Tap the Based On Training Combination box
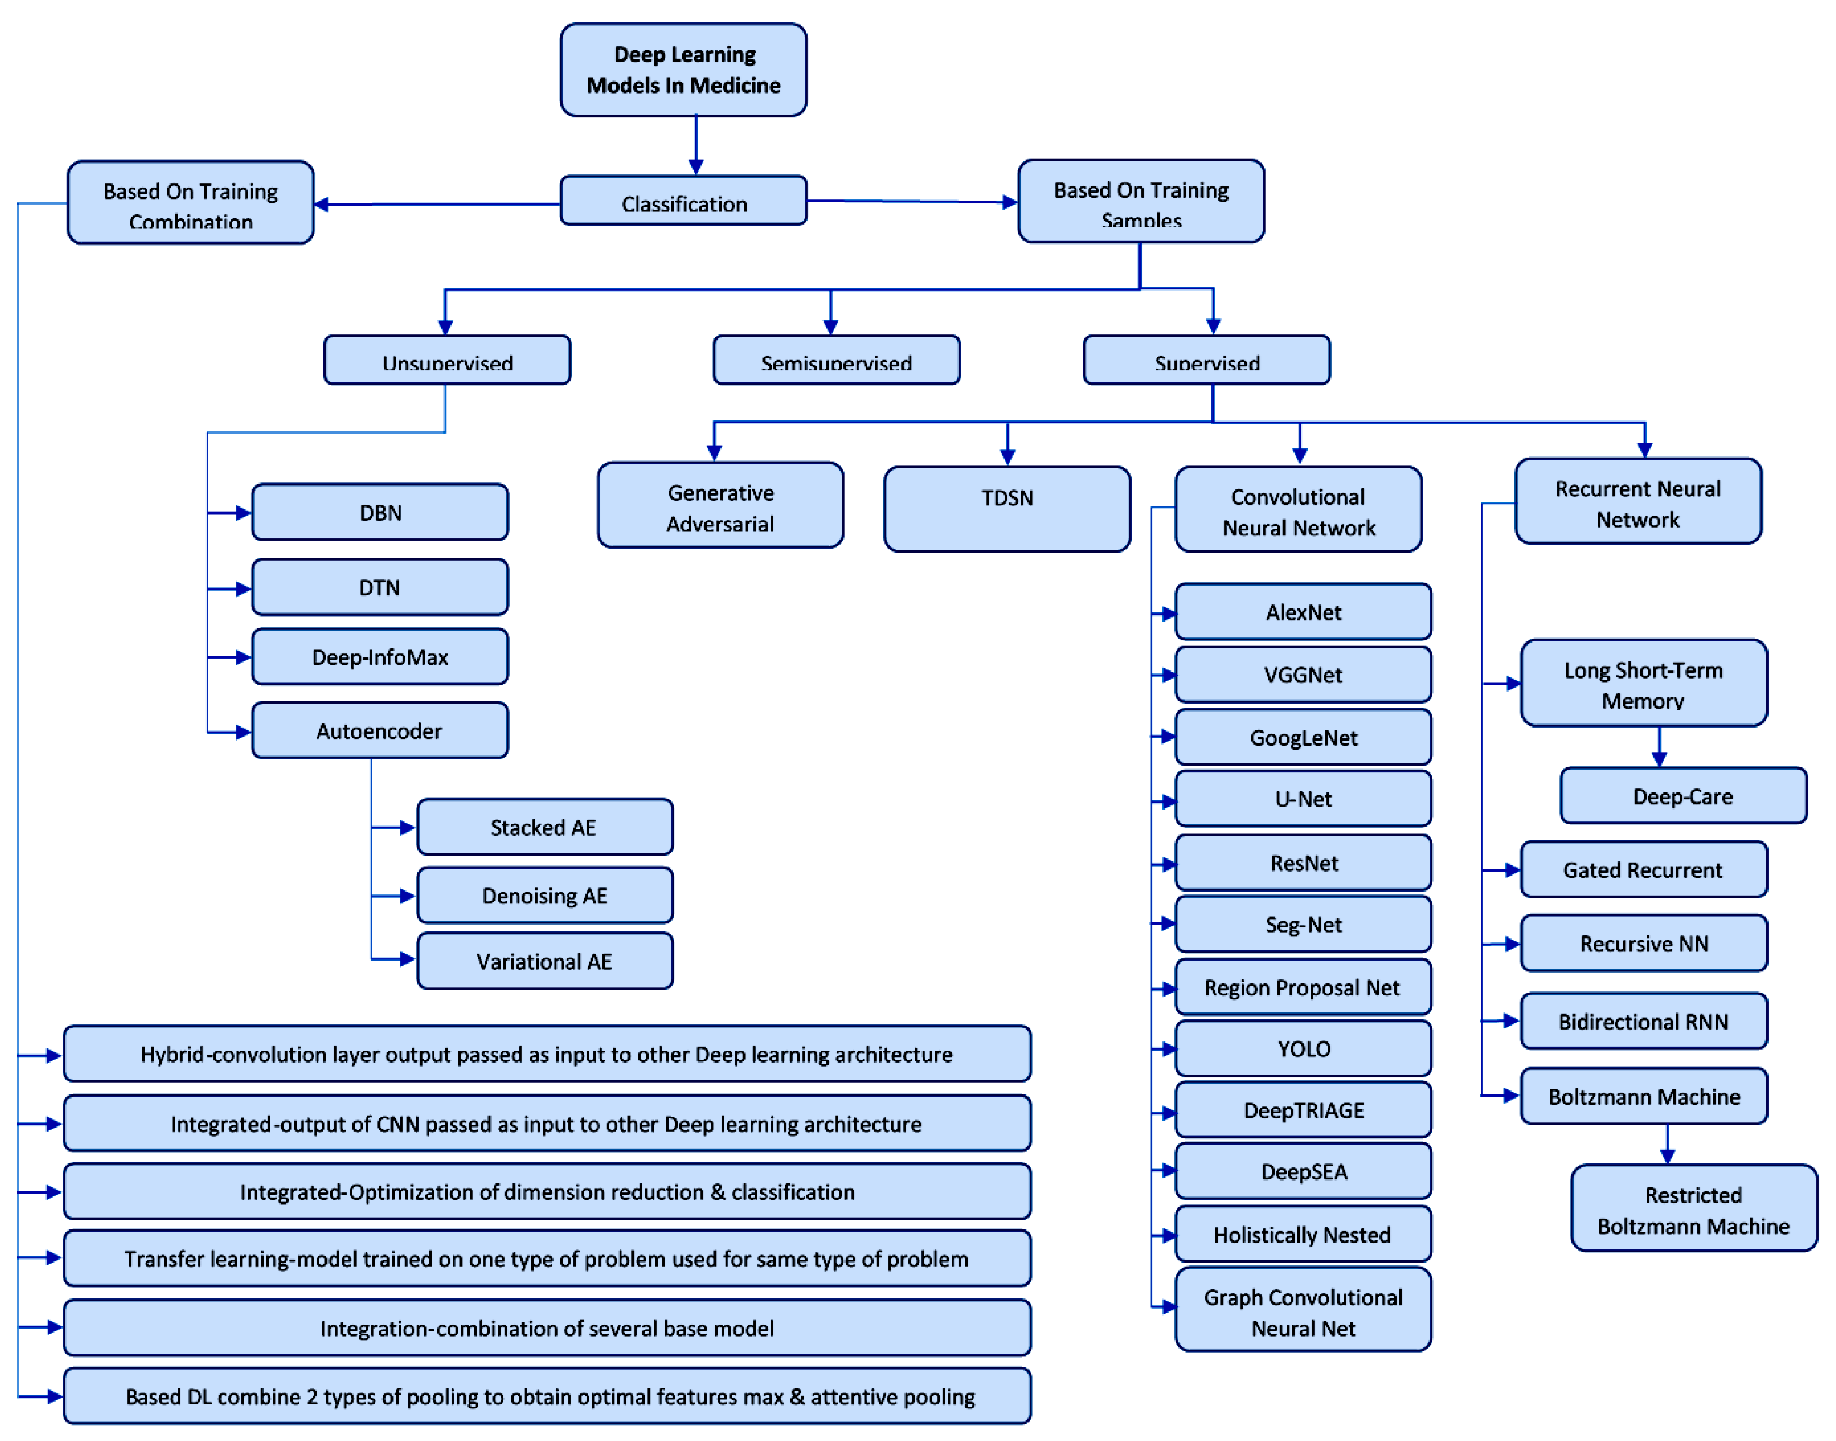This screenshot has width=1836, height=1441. tap(191, 203)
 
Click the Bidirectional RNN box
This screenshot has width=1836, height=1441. tap(1643, 1021)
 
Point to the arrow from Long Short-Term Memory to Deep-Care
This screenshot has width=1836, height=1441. tap(1659, 747)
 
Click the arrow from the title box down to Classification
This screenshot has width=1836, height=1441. tap(696, 145)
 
